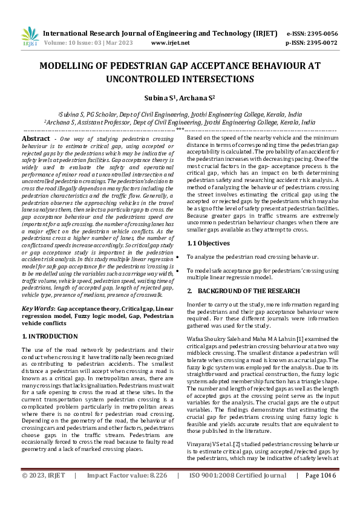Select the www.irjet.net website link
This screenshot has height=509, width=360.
coord(170,44)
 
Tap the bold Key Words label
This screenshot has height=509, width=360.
coord(36,309)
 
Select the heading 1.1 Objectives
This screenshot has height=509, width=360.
coord(208,243)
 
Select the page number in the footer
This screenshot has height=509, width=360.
coord(320,492)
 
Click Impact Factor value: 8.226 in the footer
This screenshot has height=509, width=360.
coord(128,492)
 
